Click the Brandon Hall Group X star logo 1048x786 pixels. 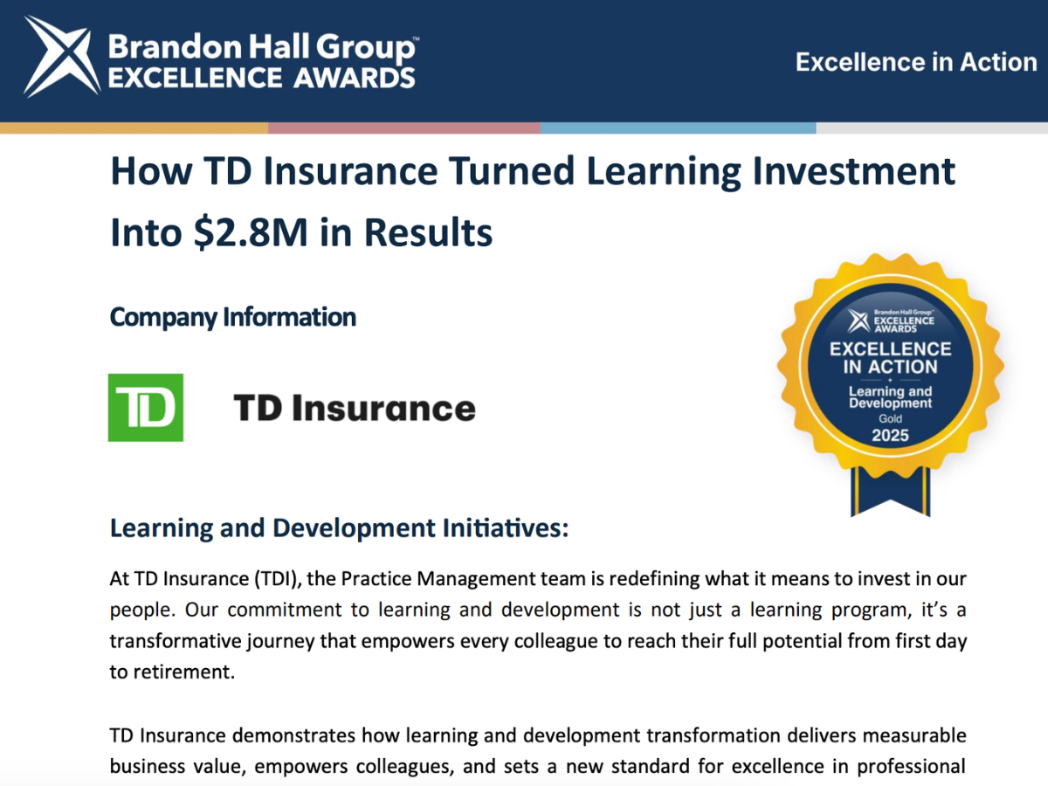coord(62,56)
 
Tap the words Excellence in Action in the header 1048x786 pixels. coord(916,63)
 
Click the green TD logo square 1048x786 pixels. coord(146,408)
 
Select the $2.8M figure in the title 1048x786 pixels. coord(251,232)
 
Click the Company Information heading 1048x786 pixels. coord(233,317)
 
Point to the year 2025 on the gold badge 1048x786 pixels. coord(891,435)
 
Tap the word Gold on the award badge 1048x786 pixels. coord(891,418)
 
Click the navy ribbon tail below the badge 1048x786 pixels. coord(891,491)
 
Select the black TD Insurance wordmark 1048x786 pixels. coord(355,409)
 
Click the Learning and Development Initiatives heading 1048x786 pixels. coord(340,528)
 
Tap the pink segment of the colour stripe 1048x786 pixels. coord(404,128)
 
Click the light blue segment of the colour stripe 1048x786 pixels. coord(678,128)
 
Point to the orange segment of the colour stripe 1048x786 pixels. coord(134,128)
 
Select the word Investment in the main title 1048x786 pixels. coord(853,171)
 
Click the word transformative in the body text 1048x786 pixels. coord(176,641)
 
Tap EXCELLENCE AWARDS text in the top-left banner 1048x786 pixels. coord(262,78)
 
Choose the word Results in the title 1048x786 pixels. coord(428,232)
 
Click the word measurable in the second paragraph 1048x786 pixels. coord(917,735)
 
